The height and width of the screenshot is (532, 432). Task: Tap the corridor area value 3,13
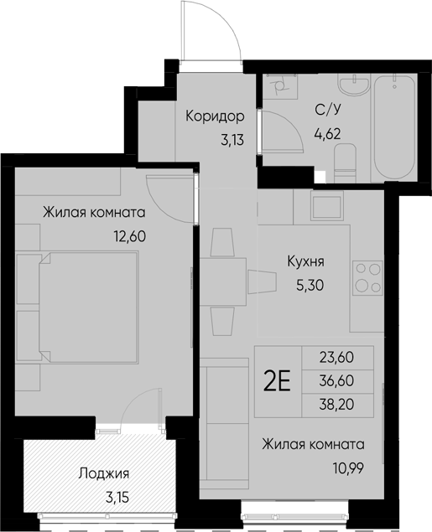232,140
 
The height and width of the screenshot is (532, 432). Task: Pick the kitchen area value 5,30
310,284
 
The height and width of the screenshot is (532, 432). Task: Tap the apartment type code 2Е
278,381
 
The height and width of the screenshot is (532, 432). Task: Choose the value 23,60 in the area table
336,356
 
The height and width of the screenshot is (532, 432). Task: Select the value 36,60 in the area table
336,380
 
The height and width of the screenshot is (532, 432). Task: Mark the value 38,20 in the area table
336,405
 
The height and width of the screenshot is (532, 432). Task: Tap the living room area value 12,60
129,235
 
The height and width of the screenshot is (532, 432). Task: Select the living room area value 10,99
346,467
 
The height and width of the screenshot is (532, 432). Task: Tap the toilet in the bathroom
344,162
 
